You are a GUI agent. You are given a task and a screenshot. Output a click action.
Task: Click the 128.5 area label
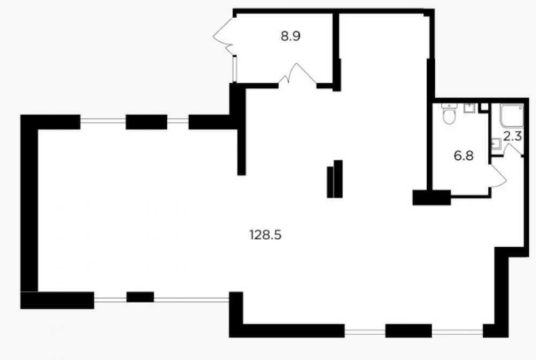point(266,235)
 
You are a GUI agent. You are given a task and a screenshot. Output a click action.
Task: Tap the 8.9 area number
point(291,36)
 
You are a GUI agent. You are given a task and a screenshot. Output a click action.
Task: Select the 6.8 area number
point(464,156)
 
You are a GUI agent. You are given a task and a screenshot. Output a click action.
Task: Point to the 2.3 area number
point(513,137)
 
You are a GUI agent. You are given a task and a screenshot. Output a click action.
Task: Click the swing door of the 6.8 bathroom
point(498,176)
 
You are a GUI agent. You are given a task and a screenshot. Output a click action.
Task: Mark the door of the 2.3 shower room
point(512,150)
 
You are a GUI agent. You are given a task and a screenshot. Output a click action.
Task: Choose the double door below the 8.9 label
point(297,73)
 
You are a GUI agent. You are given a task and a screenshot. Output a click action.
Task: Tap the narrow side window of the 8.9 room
point(235,69)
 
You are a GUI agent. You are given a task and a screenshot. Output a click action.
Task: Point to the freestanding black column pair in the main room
point(334,179)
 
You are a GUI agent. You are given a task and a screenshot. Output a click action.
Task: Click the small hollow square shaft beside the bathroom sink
point(484,107)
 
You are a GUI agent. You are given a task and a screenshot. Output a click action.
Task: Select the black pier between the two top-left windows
point(146,122)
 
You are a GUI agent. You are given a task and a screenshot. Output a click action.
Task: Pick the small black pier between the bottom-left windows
point(140,297)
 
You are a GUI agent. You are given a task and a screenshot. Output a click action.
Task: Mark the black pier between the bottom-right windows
point(408,331)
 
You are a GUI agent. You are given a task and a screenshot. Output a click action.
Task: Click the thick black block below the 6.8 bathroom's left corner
point(431,198)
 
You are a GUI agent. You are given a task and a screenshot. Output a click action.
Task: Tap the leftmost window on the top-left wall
point(103,120)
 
